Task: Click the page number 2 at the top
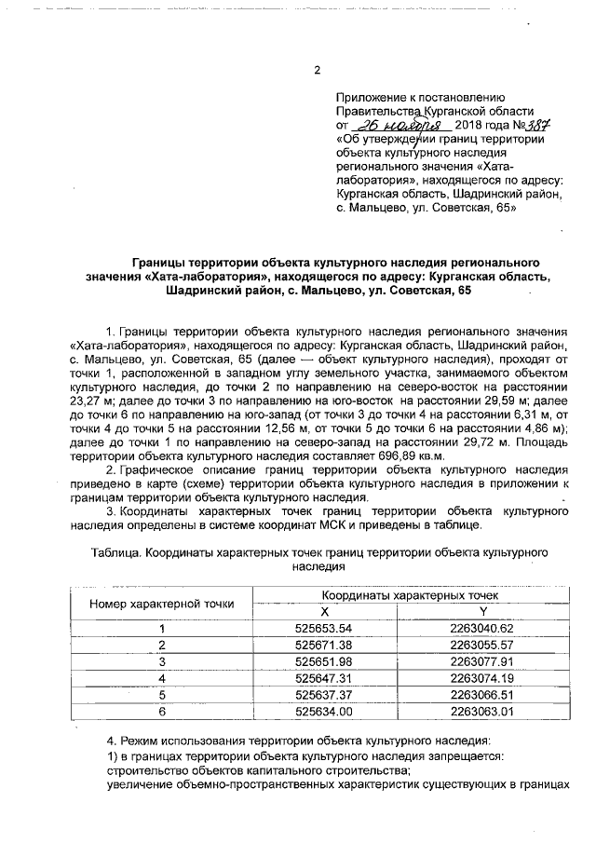(317, 71)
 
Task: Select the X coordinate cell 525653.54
(325, 628)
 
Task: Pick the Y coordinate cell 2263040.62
(482, 628)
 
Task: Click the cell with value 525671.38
(325, 645)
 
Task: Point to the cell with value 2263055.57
(482, 645)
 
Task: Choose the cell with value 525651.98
(325, 661)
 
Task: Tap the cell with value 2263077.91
(482, 661)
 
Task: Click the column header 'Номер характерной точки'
(162, 603)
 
